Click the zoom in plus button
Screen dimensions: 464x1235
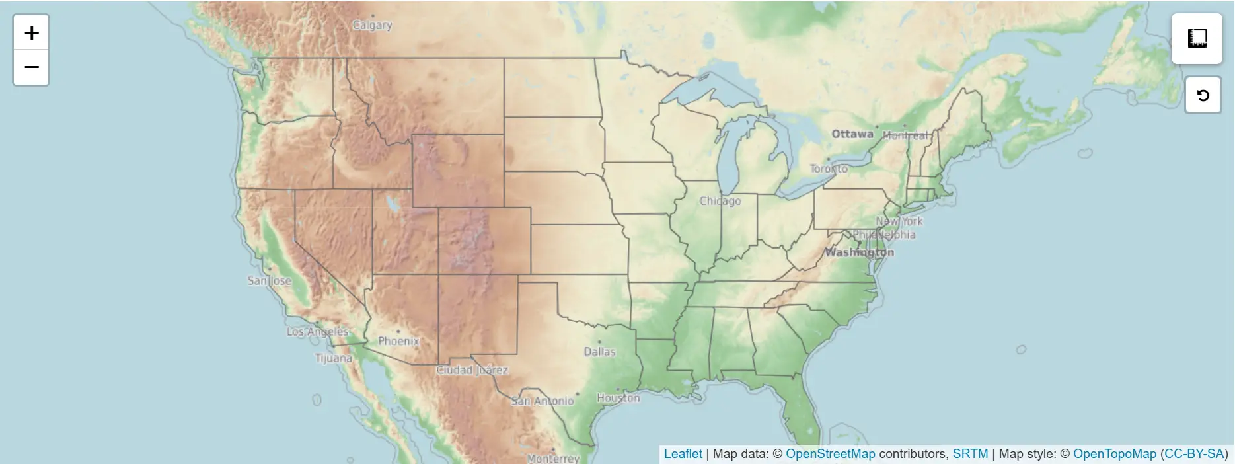31,32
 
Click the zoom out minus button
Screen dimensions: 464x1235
31,67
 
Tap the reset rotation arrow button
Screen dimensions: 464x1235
1203,95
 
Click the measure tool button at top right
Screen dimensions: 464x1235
1197,38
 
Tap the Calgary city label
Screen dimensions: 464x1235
372,25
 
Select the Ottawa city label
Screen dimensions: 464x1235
852,134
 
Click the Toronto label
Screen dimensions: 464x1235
829,169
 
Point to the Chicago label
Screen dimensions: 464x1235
720,200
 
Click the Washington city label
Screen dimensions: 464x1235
859,252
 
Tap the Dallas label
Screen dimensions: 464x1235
599,352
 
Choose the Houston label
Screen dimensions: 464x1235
618,398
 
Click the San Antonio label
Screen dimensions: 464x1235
543,401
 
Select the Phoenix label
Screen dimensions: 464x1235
398,341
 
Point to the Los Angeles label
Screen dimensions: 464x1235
317,331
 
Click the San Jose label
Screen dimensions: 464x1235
269,280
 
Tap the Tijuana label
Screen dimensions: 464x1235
333,358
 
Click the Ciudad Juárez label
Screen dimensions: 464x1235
472,370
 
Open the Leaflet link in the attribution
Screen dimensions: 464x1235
683,454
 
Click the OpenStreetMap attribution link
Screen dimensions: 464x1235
830,454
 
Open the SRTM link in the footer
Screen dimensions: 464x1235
970,454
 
